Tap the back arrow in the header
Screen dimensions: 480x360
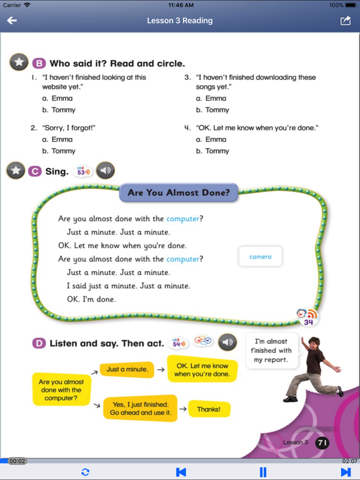point(12,21)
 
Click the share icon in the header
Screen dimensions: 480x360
point(345,21)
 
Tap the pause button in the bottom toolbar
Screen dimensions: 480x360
point(263,472)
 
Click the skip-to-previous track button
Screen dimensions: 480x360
point(181,472)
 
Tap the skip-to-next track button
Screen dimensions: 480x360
point(346,472)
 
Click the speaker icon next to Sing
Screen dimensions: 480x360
point(105,171)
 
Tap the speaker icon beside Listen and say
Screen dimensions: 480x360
point(228,342)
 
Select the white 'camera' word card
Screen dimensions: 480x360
point(260,256)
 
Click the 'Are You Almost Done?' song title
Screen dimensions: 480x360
point(178,193)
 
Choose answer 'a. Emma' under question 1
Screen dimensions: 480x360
point(57,98)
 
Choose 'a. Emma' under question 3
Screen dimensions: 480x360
point(211,98)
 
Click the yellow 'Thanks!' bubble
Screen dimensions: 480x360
point(209,409)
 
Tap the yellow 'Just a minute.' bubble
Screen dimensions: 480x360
point(127,369)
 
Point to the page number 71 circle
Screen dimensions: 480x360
point(322,442)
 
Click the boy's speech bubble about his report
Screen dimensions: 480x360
point(272,350)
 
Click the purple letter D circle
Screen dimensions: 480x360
point(39,343)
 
